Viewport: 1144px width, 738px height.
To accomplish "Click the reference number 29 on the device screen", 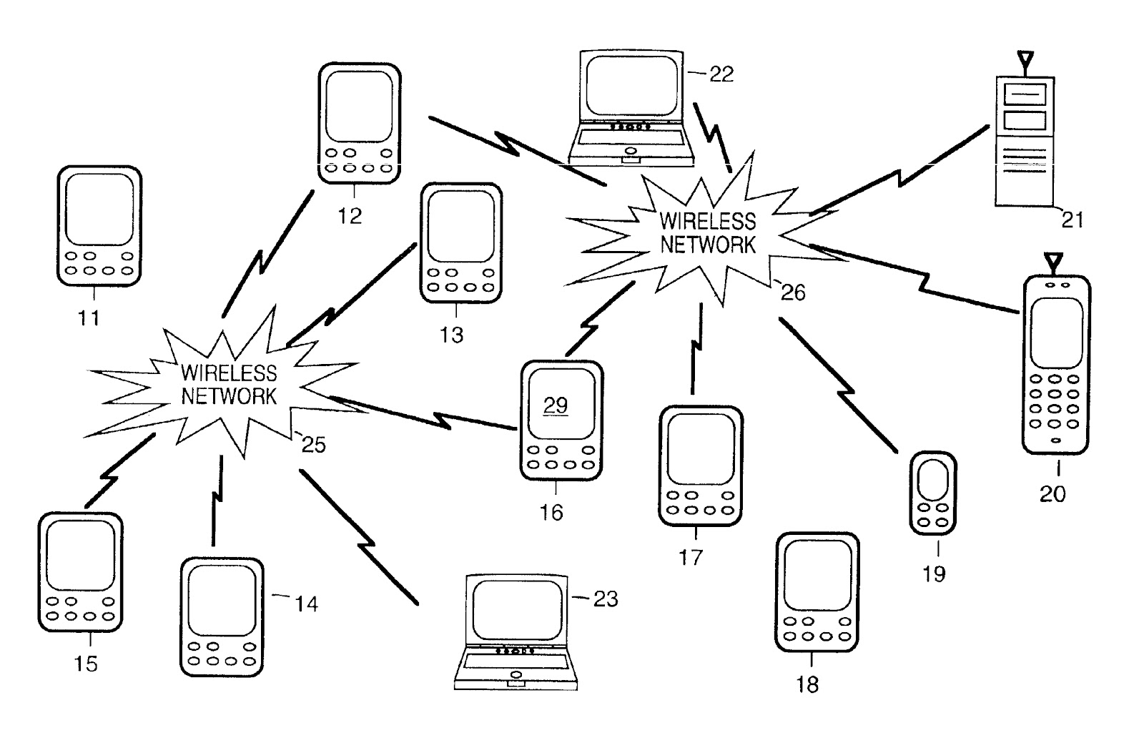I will click(x=556, y=405).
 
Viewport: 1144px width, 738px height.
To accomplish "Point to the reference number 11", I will click(x=89, y=318).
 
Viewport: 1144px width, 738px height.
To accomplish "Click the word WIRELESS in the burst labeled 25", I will click(x=229, y=373).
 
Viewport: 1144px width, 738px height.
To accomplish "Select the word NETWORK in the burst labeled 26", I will click(x=707, y=245).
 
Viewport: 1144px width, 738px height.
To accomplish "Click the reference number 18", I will click(x=807, y=684).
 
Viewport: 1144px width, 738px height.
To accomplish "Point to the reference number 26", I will click(x=793, y=292).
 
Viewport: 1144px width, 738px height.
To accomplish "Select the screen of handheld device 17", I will click(x=700, y=449).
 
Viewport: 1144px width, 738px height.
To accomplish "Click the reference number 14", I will click(x=306, y=604).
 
